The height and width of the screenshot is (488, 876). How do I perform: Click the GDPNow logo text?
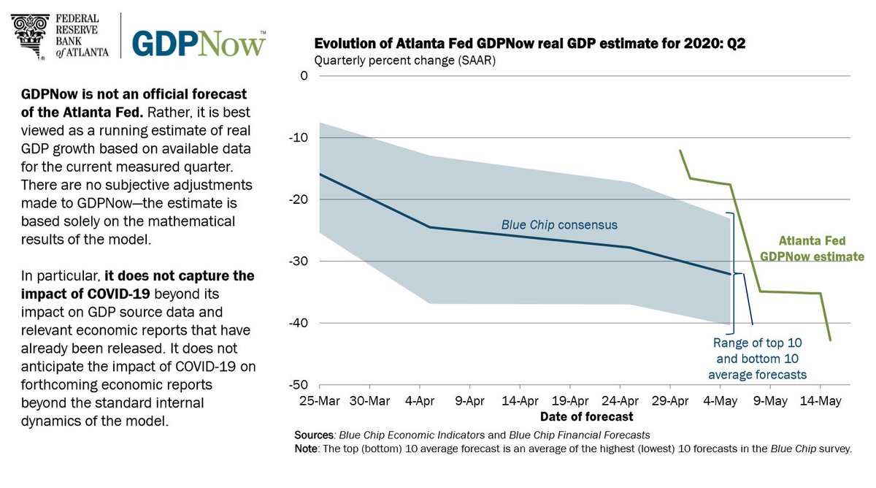[199, 43]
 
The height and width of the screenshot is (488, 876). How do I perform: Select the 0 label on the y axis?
[304, 76]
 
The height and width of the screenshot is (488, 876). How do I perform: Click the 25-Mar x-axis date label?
[319, 400]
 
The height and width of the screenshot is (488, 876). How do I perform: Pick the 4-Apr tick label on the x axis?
[419, 400]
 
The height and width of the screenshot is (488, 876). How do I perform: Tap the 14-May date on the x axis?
[819, 400]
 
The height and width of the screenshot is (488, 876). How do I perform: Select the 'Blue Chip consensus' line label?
[559, 225]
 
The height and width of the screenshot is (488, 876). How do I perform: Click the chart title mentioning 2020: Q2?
[529, 45]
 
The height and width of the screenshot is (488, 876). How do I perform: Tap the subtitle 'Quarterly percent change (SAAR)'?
[404, 61]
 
